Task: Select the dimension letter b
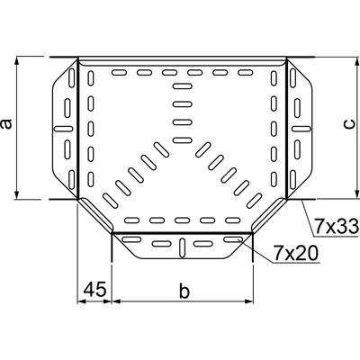[184, 292]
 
